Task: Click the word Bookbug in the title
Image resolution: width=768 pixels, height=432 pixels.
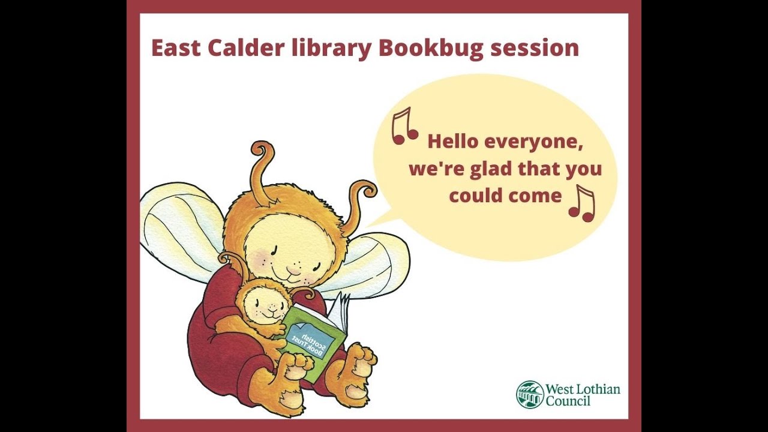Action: pos(430,49)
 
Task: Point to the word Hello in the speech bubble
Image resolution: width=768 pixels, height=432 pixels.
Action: pos(452,142)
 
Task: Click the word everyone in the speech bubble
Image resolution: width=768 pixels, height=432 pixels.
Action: pos(533,143)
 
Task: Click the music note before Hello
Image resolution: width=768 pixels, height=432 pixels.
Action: pos(404,126)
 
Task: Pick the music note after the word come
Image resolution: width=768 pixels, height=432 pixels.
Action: pos(581,203)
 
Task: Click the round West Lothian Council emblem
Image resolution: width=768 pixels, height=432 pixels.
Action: pos(530,394)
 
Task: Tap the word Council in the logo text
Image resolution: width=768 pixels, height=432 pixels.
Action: pos(568,401)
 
